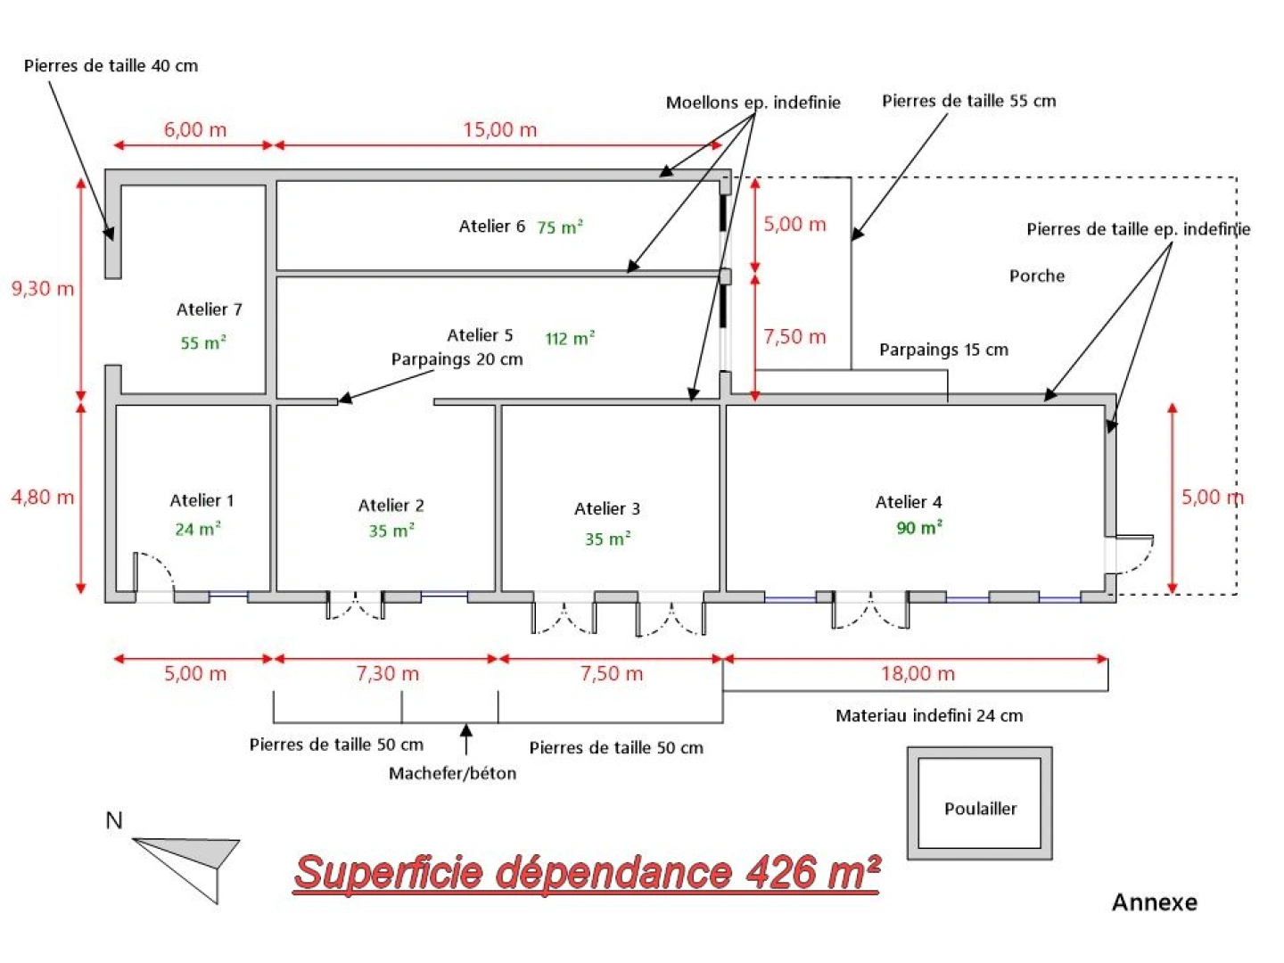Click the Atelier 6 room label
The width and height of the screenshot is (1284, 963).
pos(491,226)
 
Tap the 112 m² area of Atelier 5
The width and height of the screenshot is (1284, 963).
pos(570,339)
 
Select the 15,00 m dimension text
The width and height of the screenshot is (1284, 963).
pos(499,130)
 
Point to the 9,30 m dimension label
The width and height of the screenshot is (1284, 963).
pos(42,289)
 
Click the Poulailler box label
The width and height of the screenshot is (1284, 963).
pos(980,809)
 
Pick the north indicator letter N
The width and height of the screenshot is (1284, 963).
pos(114,820)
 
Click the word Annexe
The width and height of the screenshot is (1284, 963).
pos(1154,902)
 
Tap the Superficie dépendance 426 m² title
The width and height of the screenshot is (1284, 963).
pos(587,872)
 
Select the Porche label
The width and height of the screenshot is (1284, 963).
pos(1036,276)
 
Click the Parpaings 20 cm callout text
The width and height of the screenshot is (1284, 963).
pos(457,359)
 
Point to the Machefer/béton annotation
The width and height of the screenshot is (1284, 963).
pos(452,773)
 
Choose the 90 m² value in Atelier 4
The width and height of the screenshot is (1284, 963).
pos(919,528)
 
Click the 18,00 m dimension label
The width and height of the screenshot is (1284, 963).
pos(918,674)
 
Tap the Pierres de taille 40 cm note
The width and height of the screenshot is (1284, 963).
pos(111,66)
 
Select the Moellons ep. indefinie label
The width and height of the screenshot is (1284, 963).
pos(753,103)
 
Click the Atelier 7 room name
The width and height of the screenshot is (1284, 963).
pos(209,309)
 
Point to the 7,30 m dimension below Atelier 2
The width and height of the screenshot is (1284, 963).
pos(387,674)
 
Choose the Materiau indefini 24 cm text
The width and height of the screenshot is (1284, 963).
pos(929,715)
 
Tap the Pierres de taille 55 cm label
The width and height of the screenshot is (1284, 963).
pos(968,101)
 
